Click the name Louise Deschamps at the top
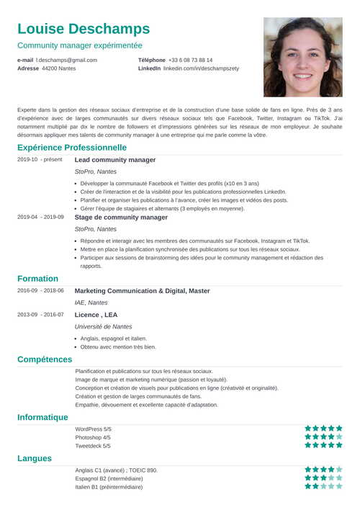pos(84,29)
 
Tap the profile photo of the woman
pos(302,57)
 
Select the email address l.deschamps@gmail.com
pos(66,60)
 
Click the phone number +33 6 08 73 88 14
pos(190,60)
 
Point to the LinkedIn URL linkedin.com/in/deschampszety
pos(201,68)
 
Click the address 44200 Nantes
pos(58,68)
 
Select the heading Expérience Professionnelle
pos(72,148)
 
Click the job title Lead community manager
pos(115,160)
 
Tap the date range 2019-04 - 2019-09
pos(40,217)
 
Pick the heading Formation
pos(38,279)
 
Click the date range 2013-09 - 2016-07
pos(40,315)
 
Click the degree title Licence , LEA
pos(96,315)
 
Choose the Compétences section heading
pos(45,359)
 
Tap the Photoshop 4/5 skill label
pos(93,437)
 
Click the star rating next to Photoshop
pos(323,437)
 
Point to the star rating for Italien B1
pos(323,486)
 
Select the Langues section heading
pos(35,458)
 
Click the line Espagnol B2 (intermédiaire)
pos(109,478)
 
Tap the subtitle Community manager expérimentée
pos(89,45)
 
